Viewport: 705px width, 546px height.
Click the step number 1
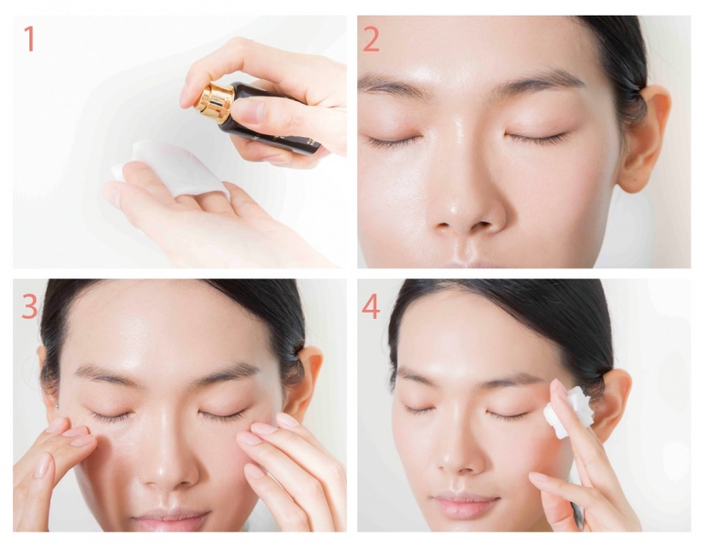28,39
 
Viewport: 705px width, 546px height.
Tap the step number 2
371,39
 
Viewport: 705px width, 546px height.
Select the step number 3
29,306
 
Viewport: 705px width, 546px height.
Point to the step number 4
371,306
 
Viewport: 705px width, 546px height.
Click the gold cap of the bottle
214,103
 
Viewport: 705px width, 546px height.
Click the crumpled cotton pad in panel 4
567,412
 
